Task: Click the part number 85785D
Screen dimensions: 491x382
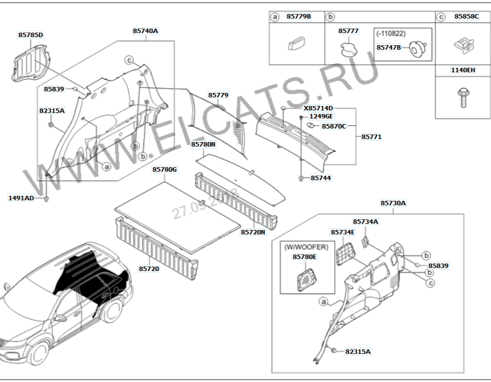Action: [31, 35]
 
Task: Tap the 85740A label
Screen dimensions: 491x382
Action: [145, 31]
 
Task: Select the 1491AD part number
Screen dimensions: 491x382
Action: [21, 198]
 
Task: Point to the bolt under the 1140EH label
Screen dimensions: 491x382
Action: [463, 97]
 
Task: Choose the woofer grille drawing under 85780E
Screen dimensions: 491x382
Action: [306, 280]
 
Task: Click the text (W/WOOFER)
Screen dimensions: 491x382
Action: [306, 247]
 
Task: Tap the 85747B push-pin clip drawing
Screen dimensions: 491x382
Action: [418, 49]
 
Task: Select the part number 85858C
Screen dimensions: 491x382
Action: [466, 16]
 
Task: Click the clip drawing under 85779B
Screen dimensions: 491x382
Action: [296, 43]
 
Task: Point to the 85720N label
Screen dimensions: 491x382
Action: [253, 232]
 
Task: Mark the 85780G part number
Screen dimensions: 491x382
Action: [165, 169]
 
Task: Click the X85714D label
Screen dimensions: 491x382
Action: [318, 108]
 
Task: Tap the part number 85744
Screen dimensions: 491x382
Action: [321, 178]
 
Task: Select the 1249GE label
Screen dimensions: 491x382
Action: [321, 116]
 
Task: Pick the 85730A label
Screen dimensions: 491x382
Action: [393, 203]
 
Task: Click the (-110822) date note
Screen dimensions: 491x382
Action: [391, 34]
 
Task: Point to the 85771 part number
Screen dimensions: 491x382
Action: [371, 137]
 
